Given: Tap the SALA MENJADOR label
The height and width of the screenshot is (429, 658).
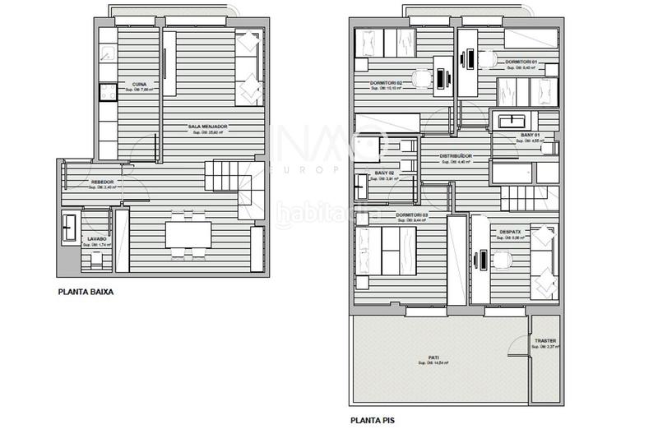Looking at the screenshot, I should pos(207,127).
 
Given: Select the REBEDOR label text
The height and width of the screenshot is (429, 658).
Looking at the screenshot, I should pos(102,182).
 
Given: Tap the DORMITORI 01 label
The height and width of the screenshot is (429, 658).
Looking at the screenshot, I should pos(521,62).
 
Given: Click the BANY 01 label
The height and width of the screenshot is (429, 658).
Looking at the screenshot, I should pos(531,135).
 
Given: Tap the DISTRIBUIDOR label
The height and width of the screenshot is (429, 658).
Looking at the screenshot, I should pos(455,155).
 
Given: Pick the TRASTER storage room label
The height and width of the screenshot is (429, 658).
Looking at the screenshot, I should pos(545,341).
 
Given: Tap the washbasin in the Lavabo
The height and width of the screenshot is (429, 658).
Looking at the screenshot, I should pos(69,224).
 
